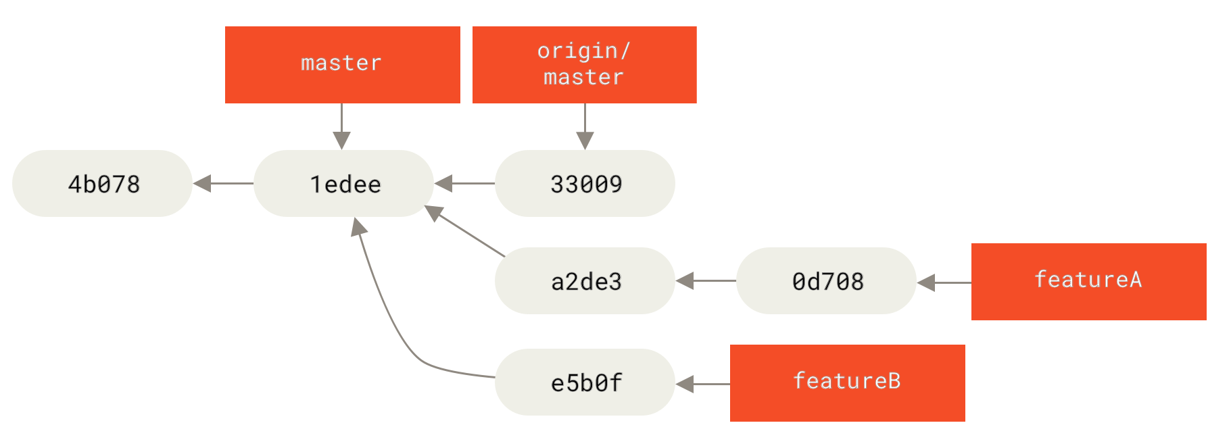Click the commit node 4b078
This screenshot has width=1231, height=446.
pos(102,183)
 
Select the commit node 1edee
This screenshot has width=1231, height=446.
pos(343,183)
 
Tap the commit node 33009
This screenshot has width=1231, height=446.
pos(585,183)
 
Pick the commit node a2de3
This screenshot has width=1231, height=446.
pos(585,280)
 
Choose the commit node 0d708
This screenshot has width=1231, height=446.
pos(826,280)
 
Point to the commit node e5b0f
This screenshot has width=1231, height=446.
pos(585,382)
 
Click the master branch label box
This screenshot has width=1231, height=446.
pos(342,65)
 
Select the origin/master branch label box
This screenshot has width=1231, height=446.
pos(584,65)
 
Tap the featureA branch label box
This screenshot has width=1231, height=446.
pos(1088,281)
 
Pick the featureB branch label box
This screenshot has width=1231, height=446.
pos(847,382)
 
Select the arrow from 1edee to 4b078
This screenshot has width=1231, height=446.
pos(223,183)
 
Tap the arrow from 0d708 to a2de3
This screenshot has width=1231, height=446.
pos(706,280)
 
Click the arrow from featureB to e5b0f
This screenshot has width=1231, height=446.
pos(703,384)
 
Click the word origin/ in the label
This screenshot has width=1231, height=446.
pos(583,51)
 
